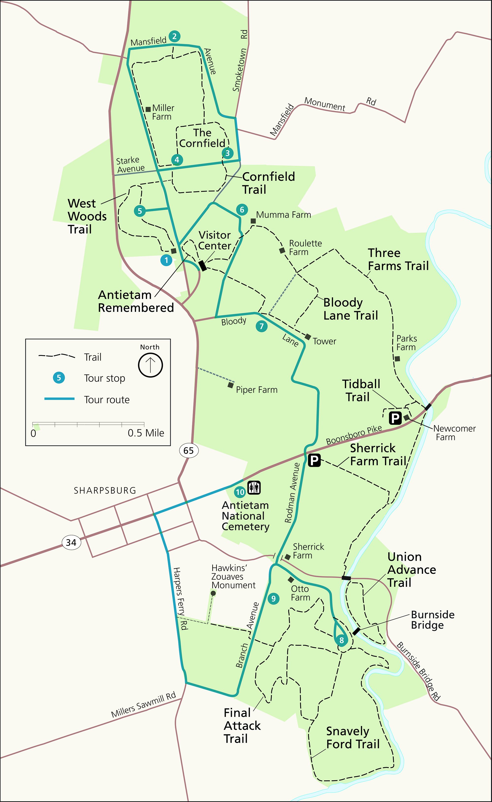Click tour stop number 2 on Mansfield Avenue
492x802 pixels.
tap(174, 36)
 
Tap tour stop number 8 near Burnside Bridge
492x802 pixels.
tap(341, 640)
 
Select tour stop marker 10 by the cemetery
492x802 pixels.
tap(240, 492)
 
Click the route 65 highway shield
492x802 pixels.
tap(188, 451)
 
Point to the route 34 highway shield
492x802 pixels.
tap(71, 542)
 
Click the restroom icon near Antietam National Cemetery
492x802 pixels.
tap(254, 487)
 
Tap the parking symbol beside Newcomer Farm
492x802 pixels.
tap(395, 418)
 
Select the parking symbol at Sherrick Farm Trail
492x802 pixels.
tap(314, 460)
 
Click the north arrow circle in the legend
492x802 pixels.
tap(150, 365)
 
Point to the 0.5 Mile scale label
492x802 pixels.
tap(146, 433)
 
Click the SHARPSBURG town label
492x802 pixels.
tap(105, 490)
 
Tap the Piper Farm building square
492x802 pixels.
tap(231, 385)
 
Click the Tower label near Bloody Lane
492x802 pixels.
tap(324, 341)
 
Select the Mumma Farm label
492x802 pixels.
tap(283, 215)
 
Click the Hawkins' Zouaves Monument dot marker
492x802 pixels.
tap(213, 593)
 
